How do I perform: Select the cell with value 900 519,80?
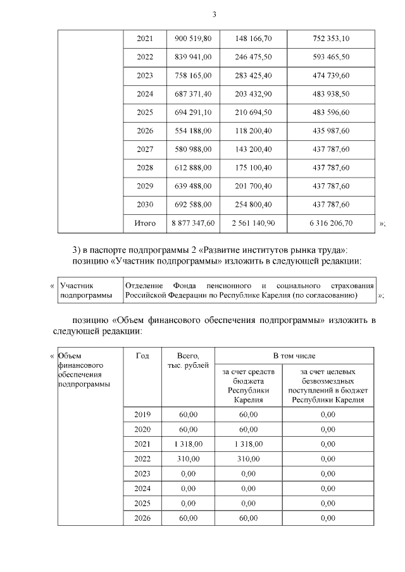point(192,39)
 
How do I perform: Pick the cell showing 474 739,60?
point(331,75)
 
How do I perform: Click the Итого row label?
point(145,223)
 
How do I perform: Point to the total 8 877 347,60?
point(192,223)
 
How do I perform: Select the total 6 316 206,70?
point(331,223)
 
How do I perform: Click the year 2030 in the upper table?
point(145,205)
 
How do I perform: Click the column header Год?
point(142,356)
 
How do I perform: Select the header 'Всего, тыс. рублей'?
point(189,362)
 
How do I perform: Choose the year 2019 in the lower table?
point(142,415)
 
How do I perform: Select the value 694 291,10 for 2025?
point(192,131)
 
